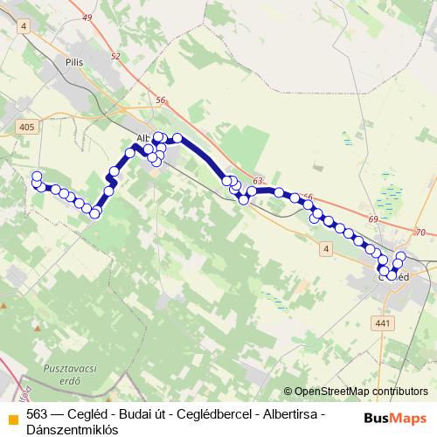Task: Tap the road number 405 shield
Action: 27,127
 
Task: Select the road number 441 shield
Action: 381,323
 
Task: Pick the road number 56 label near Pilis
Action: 160,101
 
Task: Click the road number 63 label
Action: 257,181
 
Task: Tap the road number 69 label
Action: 374,218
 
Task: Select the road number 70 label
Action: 420,232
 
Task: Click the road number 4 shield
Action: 327,249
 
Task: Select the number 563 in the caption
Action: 38,414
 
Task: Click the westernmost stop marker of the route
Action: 37,177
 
